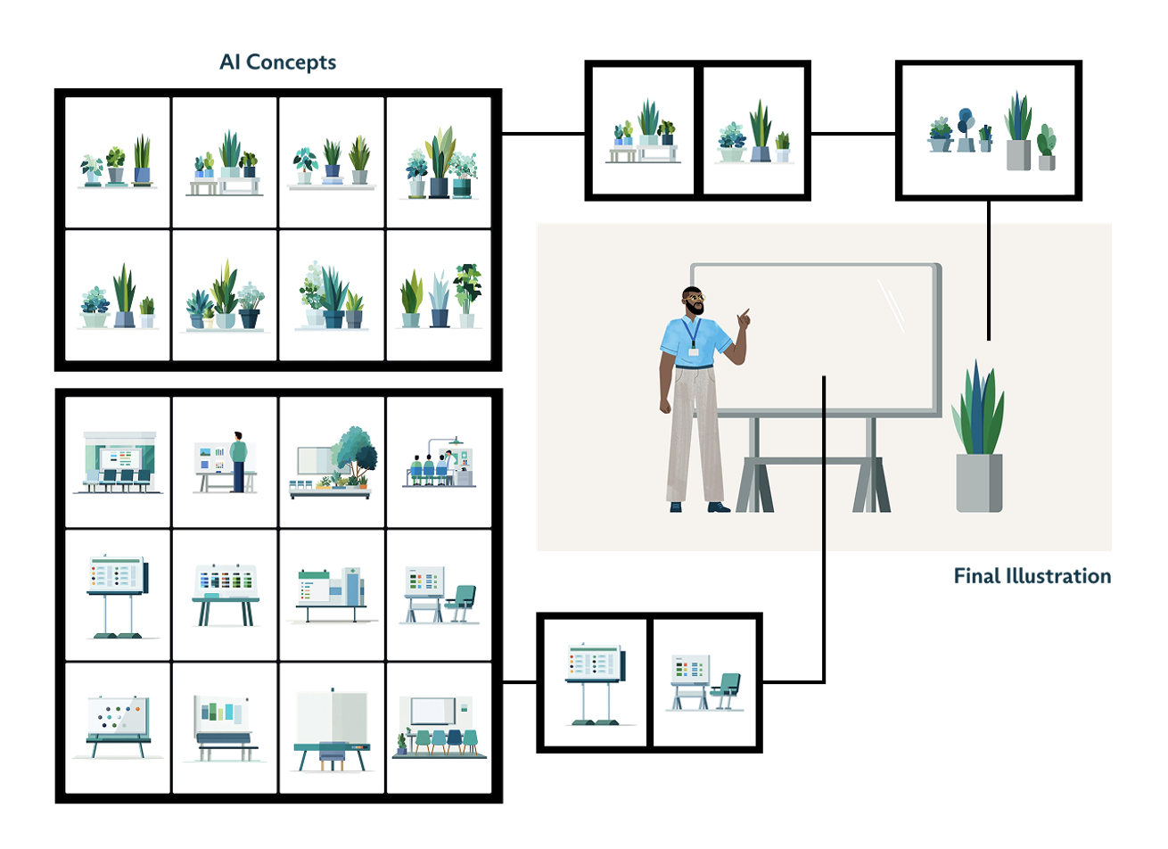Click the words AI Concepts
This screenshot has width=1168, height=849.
click(277, 62)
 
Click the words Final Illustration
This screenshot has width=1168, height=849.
click(1032, 576)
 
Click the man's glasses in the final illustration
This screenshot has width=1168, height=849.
click(694, 297)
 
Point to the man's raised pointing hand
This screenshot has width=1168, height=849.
click(743, 317)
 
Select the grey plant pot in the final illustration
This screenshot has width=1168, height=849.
click(979, 482)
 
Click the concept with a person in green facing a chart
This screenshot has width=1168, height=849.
click(226, 462)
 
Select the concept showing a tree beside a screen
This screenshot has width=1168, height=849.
click(332, 462)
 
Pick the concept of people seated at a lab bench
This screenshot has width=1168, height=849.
click(439, 462)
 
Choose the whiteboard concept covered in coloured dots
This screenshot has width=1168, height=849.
click(119, 727)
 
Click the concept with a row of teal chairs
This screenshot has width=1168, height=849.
click(439, 727)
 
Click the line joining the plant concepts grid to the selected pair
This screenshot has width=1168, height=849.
click(543, 135)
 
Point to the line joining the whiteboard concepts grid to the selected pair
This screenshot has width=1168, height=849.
click(519, 683)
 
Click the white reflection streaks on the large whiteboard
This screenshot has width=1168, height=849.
click(891, 303)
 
